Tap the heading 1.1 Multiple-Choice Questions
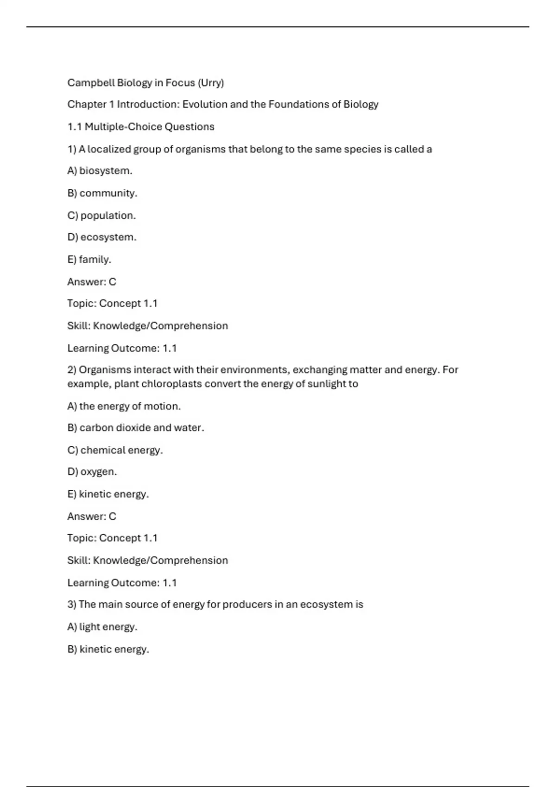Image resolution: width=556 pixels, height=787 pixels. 141,127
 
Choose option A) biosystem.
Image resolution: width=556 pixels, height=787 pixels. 100,171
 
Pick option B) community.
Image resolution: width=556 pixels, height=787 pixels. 102,193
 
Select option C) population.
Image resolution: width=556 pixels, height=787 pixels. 101,216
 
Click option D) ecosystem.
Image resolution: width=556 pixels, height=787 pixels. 102,237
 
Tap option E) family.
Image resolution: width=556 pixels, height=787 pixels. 89,260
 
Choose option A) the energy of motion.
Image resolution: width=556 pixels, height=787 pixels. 124,406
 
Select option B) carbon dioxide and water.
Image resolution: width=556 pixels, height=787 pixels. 136,428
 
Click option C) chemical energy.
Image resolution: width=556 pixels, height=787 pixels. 115,450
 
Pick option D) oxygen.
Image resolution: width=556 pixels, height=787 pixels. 92,472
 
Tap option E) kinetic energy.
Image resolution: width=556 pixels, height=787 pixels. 108,494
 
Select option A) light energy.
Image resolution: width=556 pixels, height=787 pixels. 102,627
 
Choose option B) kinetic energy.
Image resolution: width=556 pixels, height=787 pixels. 108,650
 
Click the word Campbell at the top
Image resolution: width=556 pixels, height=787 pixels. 91,83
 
